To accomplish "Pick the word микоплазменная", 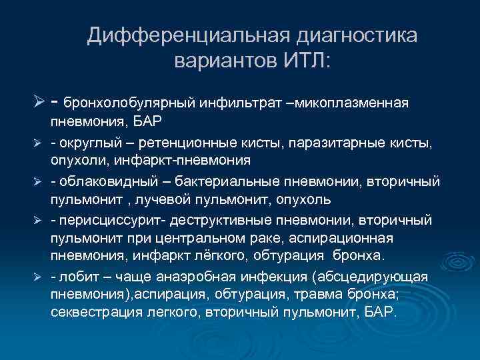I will pos(355,103).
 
